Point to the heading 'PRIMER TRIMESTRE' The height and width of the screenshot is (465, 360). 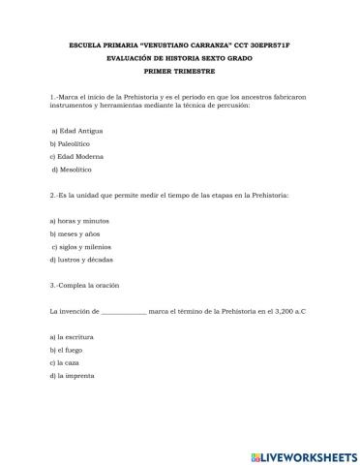pyautogui.click(x=180, y=71)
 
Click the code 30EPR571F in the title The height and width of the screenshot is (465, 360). pyautogui.click(x=286, y=46)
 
